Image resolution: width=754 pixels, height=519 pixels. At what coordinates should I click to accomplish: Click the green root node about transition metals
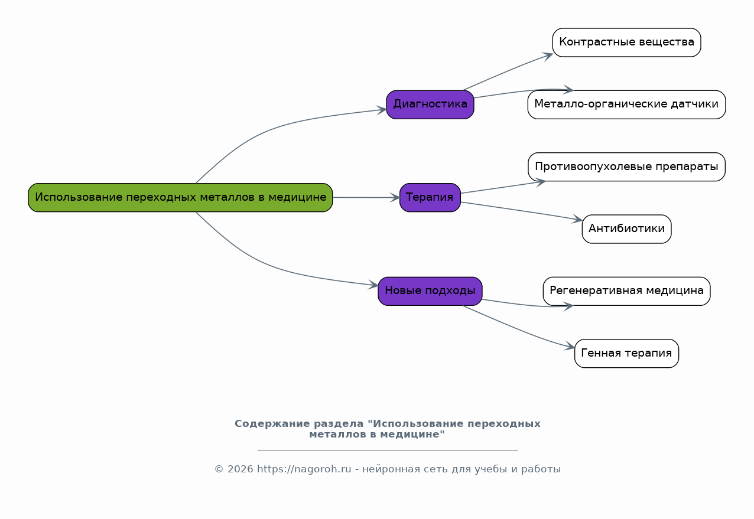tap(180, 197)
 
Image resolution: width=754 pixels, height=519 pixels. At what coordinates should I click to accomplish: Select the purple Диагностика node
tap(430, 105)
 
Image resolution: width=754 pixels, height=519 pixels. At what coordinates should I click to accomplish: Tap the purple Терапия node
tap(430, 197)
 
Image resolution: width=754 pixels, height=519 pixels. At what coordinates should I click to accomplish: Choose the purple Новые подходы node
tap(430, 290)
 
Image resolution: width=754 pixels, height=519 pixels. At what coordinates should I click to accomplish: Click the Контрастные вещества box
tap(626, 43)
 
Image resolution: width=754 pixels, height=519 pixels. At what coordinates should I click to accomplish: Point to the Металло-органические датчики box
tap(626, 105)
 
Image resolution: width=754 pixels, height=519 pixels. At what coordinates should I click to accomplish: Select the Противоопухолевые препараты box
tap(626, 167)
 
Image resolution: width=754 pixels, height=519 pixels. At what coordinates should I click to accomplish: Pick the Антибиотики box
tap(626, 229)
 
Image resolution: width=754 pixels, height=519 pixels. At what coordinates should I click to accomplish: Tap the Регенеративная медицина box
tap(626, 290)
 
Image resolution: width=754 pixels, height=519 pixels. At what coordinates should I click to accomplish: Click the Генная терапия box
tap(626, 353)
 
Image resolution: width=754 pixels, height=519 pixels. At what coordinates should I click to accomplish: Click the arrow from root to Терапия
tap(366, 197)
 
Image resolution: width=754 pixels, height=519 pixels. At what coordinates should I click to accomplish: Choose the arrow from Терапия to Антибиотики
tap(520, 211)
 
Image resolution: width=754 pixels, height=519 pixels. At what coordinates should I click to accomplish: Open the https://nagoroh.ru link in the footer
tap(304, 469)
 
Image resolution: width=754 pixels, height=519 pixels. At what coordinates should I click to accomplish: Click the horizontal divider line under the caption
tap(388, 451)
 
